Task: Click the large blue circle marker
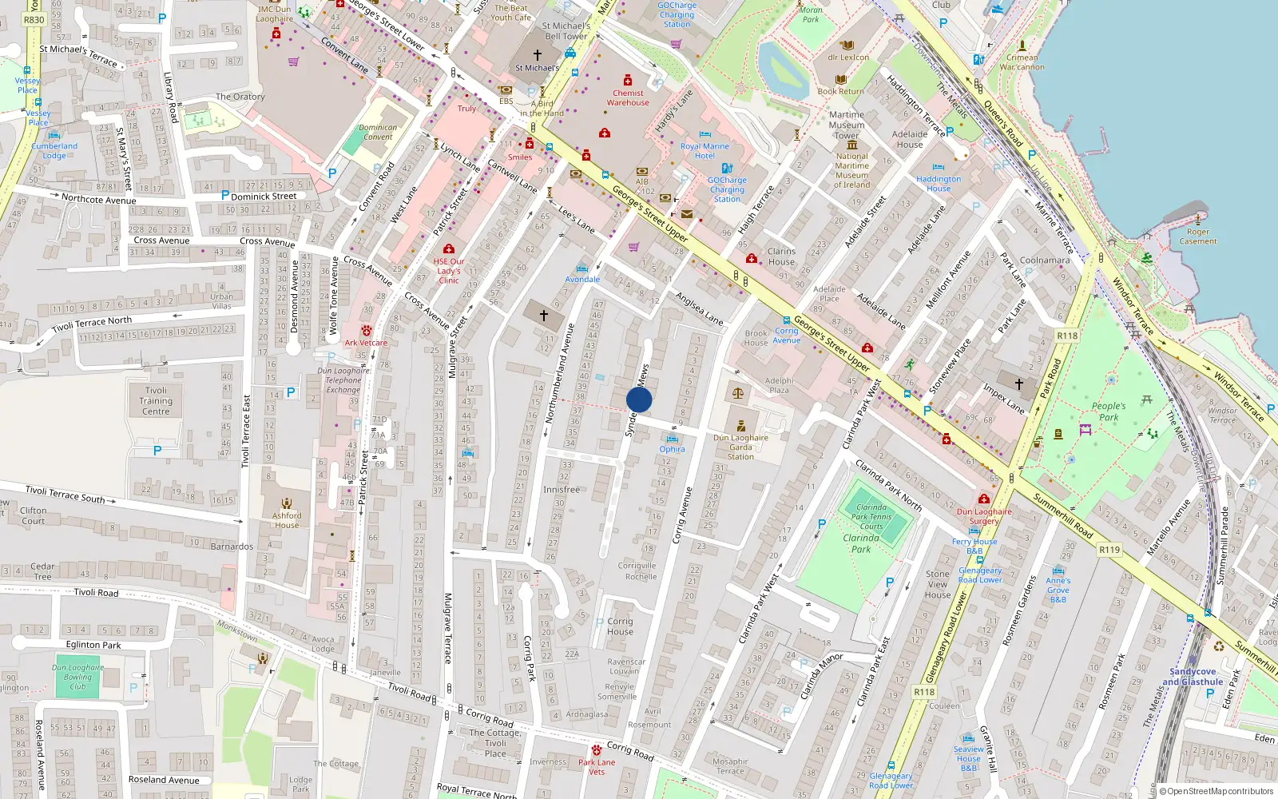click(x=639, y=399)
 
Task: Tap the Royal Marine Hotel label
click(x=704, y=151)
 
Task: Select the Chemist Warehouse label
click(x=628, y=97)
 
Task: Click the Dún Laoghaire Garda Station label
click(x=740, y=447)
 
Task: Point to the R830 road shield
click(x=34, y=20)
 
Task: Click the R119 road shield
click(x=1109, y=550)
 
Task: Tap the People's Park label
click(x=1109, y=411)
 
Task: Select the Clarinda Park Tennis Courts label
click(x=871, y=517)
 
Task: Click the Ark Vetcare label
click(x=366, y=343)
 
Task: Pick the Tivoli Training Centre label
click(x=156, y=401)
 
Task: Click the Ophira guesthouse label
click(x=672, y=449)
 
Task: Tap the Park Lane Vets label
click(x=597, y=767)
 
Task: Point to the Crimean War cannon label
click(x=1022, y=62)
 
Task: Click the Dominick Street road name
click(x=264, y=196)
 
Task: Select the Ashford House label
click(x=287, y=520)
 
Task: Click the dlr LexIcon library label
click(x=848, y=57)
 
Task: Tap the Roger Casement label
click(x=1198, y=237)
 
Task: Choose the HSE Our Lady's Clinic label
click(x=449, y=271)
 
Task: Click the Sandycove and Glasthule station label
click(x=1193, y=677)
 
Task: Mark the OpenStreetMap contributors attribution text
click(x=1216, y=792)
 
